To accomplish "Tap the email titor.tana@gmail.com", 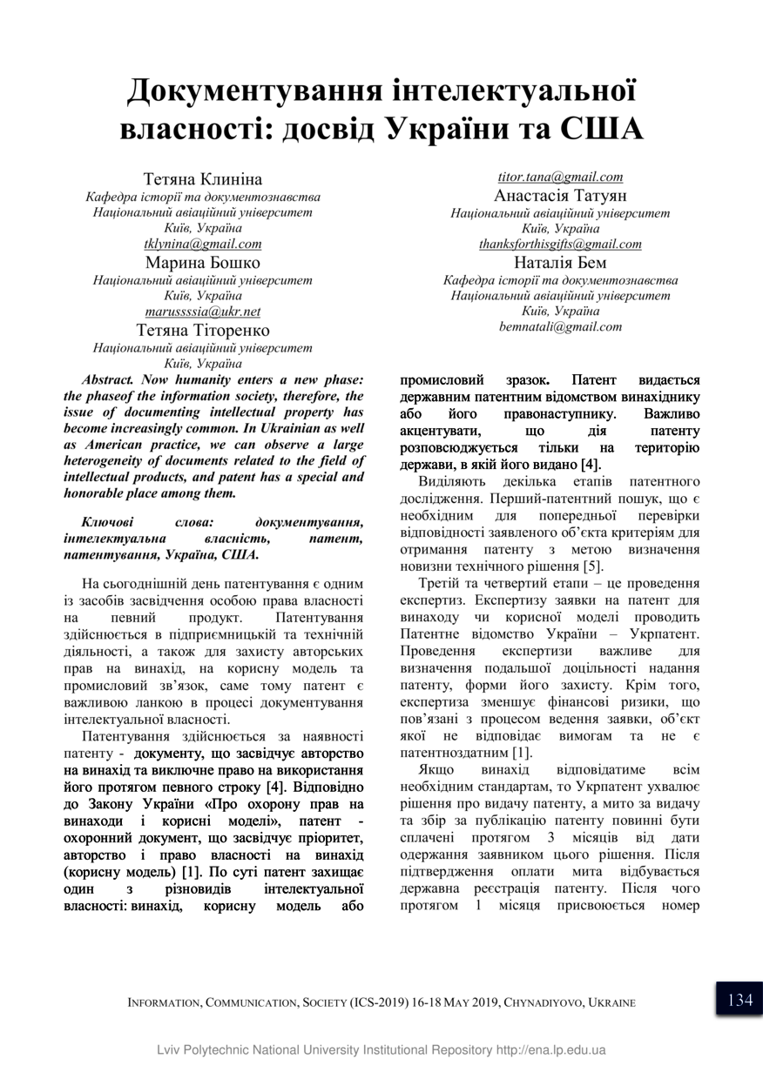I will point(560,178).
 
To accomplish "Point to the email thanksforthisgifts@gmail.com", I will point(560,245).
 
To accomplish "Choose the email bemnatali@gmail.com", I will point(560,327).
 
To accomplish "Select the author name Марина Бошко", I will point(202,262).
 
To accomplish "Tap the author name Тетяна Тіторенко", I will point(202,330).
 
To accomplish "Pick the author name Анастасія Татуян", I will point(560,195).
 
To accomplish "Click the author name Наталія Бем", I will point(560,262).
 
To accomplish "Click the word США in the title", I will point(595,129).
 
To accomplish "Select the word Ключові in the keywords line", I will point(106,521).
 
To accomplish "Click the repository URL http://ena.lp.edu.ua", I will point(550,1050).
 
